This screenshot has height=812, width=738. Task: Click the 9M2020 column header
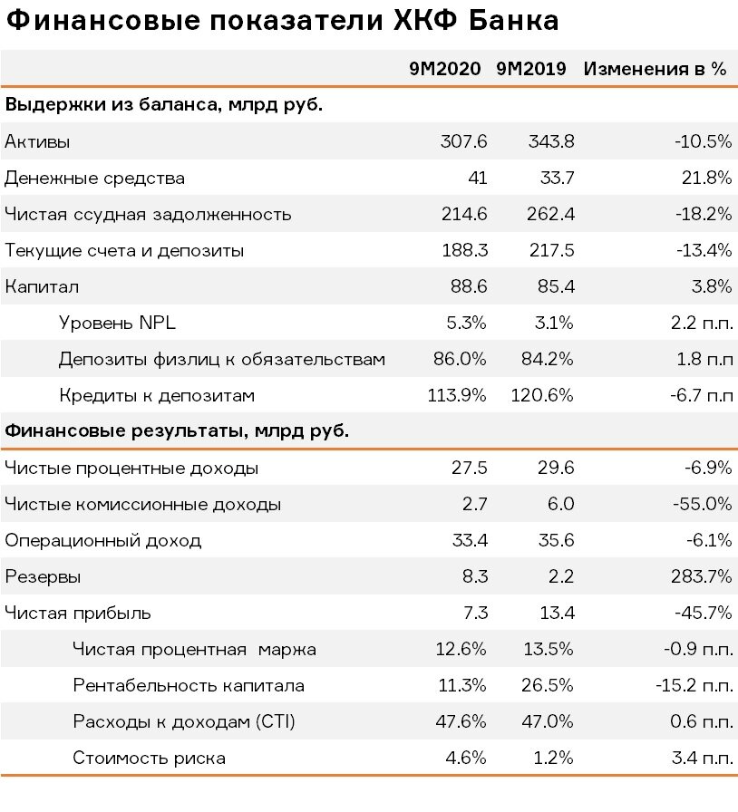(x=447, y=69)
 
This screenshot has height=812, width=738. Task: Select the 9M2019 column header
(x=531, y=69)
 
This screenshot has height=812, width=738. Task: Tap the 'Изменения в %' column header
(x=655, y=69)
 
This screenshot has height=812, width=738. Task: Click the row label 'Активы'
(x=37, y=141)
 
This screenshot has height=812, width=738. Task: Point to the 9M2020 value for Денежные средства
(x=477, y=178)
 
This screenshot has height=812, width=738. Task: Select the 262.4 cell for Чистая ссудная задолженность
(x=550, y=214)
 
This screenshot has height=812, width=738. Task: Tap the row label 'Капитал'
(x=42, y=286)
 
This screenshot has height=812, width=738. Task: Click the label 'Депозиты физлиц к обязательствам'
(x=222, y=359)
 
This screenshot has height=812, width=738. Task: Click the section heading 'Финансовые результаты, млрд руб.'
(x=178, y=431)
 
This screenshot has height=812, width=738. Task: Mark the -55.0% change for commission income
(x=702, y=504)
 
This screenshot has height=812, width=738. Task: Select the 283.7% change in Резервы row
(x=702, y=576)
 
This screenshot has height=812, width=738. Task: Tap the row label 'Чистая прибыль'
(x=77, y=613)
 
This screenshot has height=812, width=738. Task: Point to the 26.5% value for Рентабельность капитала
(x=549, y=685)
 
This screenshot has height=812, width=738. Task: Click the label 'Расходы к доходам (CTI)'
(x=183, y=721)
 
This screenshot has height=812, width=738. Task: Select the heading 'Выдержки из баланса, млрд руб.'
(x=165, y=104)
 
